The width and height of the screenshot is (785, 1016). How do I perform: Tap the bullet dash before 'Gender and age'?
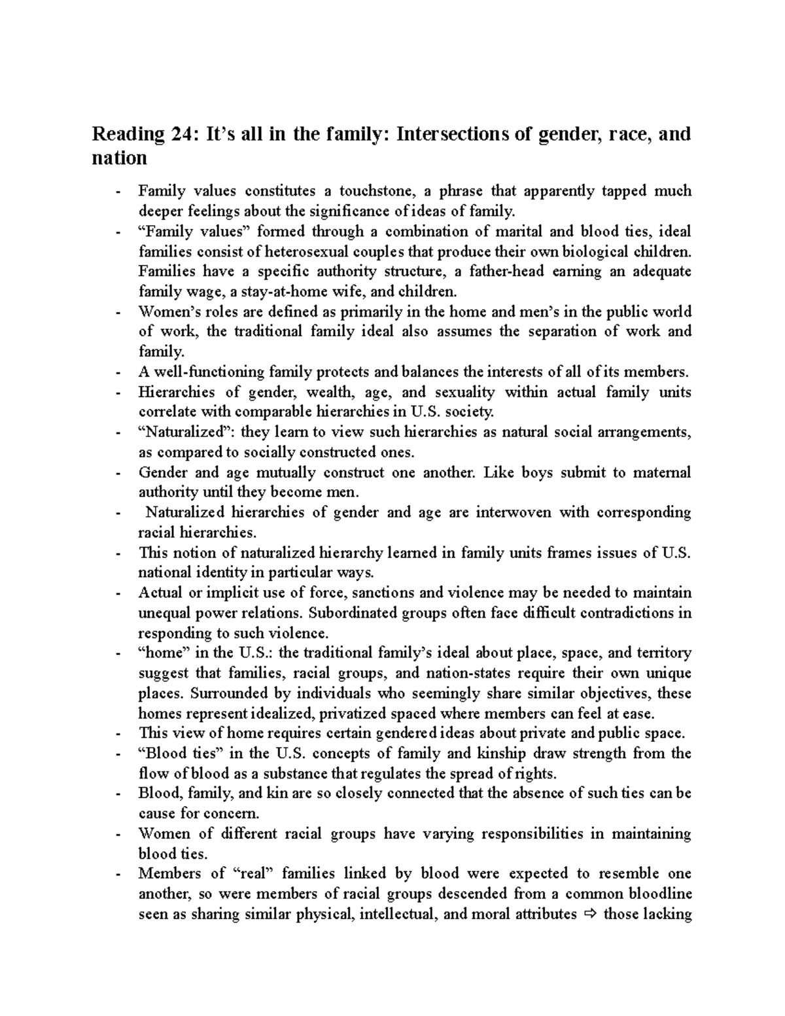pos(117,473)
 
